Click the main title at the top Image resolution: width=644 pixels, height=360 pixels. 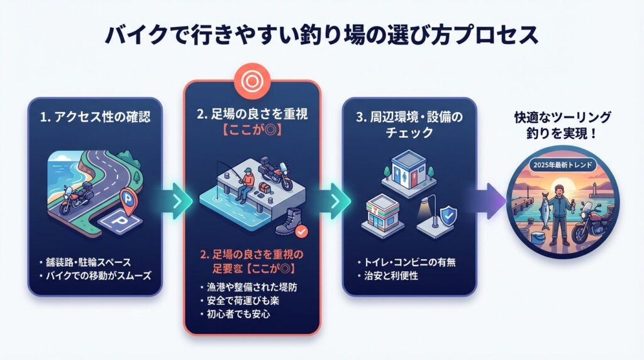point(321,35)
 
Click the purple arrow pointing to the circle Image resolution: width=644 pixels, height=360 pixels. point(484,200)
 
